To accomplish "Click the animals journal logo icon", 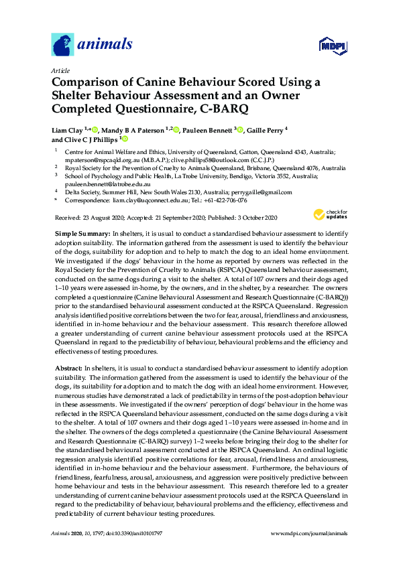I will [62, 45].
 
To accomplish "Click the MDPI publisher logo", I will [333, 47].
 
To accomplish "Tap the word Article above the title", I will [60, 70].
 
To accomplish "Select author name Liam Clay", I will [68, 129].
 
